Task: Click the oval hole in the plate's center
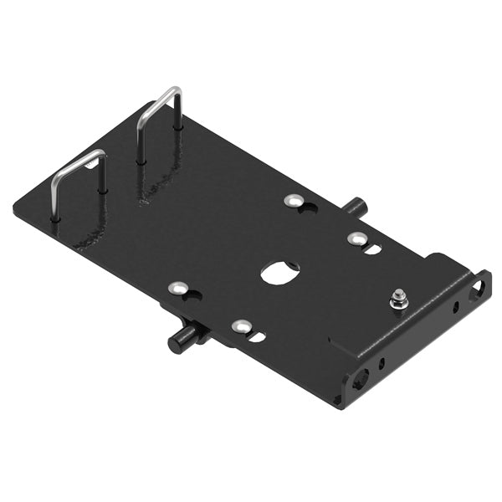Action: click(x=279, y=272)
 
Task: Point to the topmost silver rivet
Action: click(x=294, y=201)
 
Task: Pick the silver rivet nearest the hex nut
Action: click(x=355, y=238)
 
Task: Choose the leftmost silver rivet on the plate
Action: click(x=177, y=289)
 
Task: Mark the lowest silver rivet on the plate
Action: click(x=240, y=326)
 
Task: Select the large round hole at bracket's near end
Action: click(x=361, y=378)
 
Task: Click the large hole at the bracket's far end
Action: click(x=478, y=287)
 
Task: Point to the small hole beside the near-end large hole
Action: click(x=381, y=364)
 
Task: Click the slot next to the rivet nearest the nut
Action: click(x=373, y=248)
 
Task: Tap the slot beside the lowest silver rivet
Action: click(x=258, y=336)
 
